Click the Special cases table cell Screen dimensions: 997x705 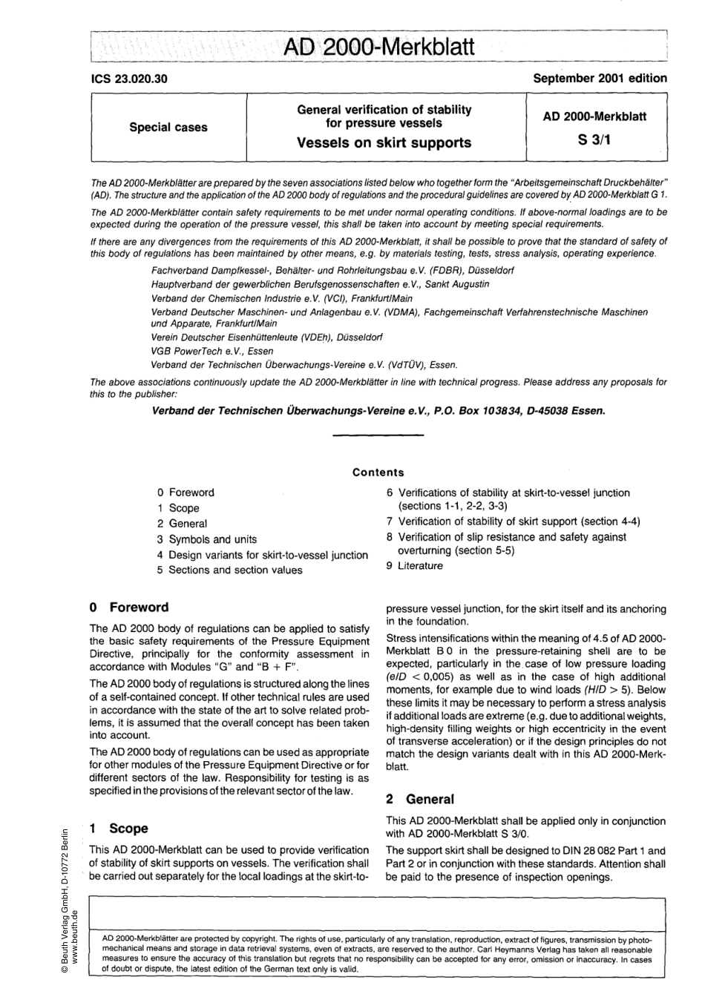pyautogui.click(x=168, y=127)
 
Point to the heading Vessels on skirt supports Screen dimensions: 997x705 pyautogui.click(x=384, y=142)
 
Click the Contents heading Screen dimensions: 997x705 pyautogui.click(x=378, y=473)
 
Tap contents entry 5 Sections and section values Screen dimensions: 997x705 pyautogui.click(x=229, y=570)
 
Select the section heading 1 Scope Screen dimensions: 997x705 pyautogui.click(x=119, y=828)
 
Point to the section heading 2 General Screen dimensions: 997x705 pyautogui.click(x=420, y=799)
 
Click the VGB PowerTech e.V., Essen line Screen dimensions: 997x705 pyautogui.click(x=202, y=351)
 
